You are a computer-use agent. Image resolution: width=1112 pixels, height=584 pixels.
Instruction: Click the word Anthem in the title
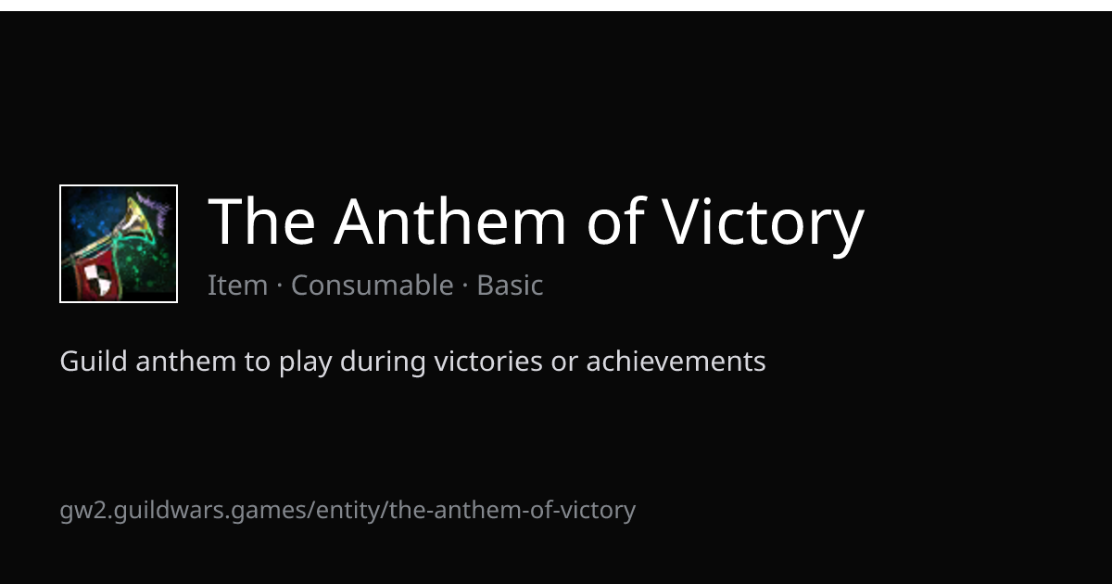tap(449, 222)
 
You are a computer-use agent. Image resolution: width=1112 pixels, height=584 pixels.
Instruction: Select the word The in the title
tap(261, 222)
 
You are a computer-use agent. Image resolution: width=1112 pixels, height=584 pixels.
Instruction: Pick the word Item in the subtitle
tap(238, 286)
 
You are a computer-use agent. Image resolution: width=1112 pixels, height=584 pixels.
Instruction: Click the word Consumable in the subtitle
tap(373, 285)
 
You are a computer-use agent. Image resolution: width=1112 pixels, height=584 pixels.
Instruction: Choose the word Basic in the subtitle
tap(510, 285)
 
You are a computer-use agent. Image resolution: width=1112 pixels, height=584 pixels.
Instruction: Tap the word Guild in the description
tap(94, 360)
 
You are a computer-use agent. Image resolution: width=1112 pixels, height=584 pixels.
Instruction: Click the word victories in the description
tap(488, 361)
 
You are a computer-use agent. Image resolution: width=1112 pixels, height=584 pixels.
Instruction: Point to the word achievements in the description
tap(676, 361)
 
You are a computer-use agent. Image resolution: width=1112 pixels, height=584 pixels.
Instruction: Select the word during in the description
tap(383, 362)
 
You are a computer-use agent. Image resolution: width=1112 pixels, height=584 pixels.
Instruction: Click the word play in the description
tap(305, 362)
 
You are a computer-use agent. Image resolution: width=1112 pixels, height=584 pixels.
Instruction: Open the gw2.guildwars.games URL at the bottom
tap(347, 511)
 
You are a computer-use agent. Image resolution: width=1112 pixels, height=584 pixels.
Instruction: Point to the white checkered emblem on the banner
tap(98, 278)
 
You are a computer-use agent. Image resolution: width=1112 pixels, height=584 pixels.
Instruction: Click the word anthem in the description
tap(185, 361)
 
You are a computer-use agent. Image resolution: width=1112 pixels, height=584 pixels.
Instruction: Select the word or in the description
tap(564, 363)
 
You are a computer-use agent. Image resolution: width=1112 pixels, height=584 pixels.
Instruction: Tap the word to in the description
tap(258, 362)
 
